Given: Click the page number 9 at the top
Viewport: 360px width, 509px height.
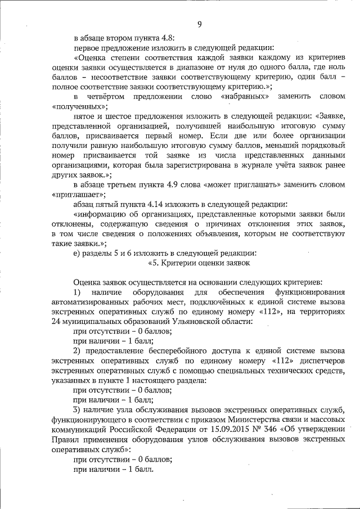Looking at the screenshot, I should (200, 24).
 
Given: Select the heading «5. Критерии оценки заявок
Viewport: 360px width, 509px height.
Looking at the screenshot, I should (199, 262).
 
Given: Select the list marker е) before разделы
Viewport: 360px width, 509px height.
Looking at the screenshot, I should (76, 253).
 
